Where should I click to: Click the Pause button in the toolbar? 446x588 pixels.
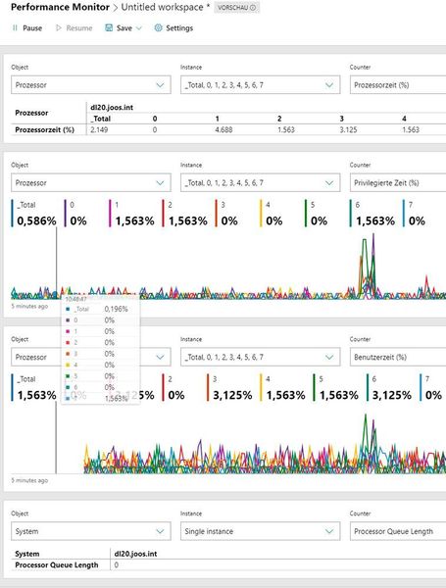26,28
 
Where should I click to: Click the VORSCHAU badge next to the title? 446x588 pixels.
236,8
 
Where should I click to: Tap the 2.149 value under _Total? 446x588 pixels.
100,129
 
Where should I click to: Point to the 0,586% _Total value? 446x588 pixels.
36,221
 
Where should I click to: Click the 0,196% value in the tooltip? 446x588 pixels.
116,309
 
